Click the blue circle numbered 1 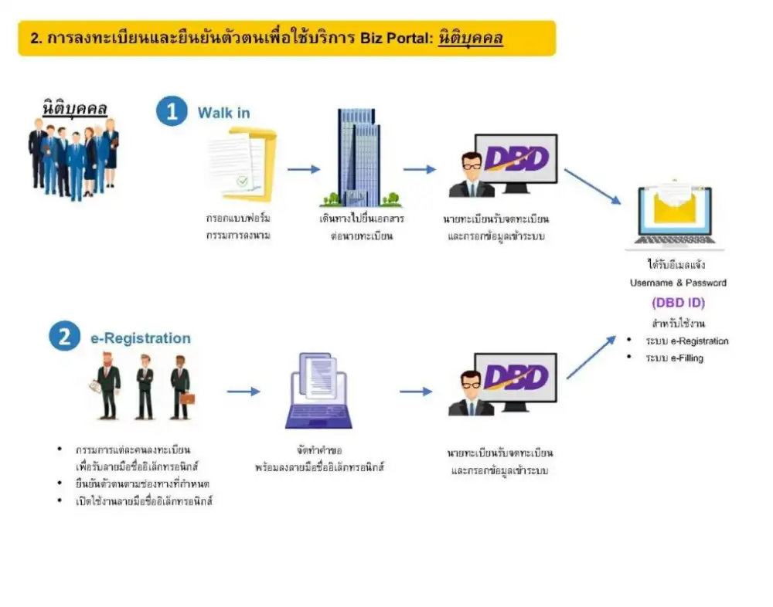(171, 110)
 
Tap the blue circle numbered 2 (64, 337)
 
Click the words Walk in (223, 113)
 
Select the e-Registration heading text (141, 338)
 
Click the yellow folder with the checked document (243, 164)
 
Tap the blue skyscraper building (359, 158)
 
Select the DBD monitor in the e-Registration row (514, 383)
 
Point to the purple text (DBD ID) (678, 303)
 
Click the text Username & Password (678, 283)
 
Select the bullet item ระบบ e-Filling (674, 358)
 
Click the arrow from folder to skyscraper (303, 169)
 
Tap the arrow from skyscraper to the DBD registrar (419, 169)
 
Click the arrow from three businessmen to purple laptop (243, 392)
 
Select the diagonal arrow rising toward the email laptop (591, 357)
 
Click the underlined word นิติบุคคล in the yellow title (470, 38)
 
